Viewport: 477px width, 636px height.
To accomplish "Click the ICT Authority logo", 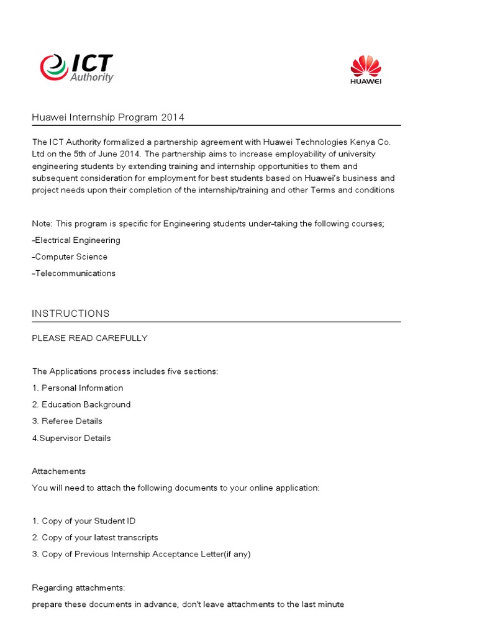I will point(76,68).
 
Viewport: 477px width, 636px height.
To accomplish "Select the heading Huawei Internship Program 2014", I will point(108,117).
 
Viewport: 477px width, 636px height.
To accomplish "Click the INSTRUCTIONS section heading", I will point(71,314).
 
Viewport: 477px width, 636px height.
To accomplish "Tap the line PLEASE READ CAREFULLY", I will point(90,338).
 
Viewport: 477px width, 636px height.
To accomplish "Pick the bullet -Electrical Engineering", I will point(76,240).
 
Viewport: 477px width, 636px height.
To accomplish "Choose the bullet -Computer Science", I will point(70,257).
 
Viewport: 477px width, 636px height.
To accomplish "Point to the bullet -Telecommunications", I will point(74,273).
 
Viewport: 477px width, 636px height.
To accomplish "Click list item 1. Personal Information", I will point(78,388).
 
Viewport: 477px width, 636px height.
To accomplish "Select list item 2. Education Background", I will point(81,404).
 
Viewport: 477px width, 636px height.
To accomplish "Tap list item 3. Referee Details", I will point(67,421).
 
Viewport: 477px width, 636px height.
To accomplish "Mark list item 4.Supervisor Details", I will point(71,438).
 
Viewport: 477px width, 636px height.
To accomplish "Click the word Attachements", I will point(59,471).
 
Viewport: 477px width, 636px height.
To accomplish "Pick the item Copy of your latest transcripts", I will point(95,537).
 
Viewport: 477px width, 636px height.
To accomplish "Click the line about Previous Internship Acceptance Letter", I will point(141,554).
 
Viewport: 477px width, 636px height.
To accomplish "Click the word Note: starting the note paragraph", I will point(42,224).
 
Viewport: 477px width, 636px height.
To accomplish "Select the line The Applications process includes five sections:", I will point(125,371).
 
